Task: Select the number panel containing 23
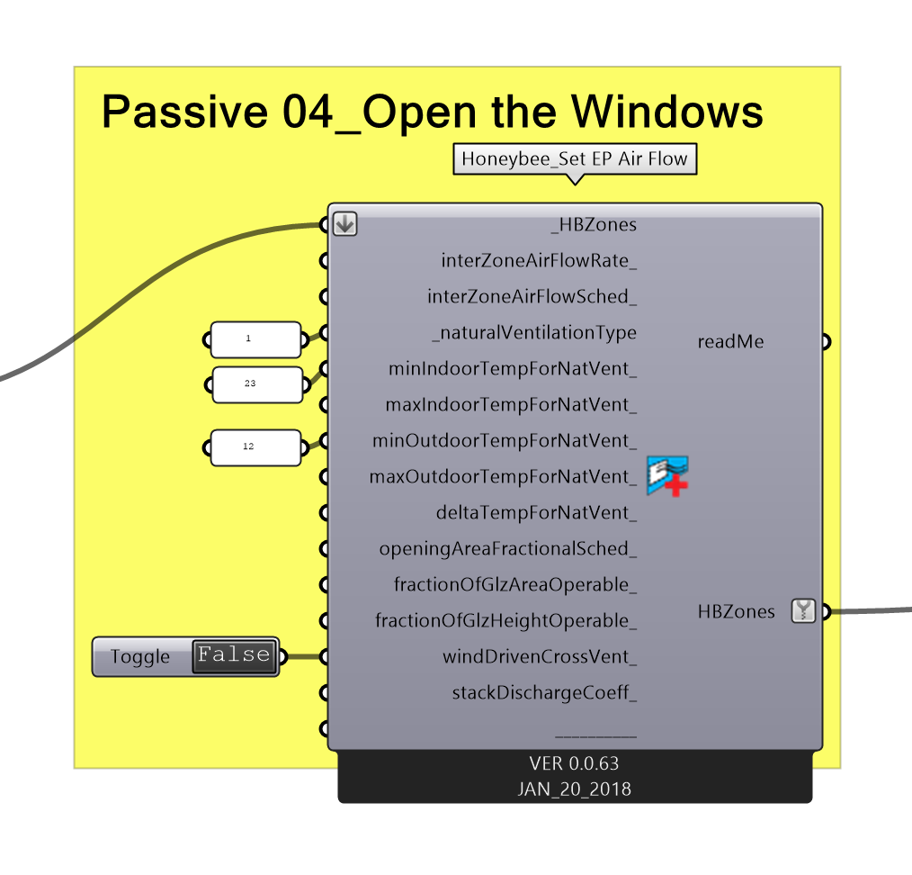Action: [x=256, y=384]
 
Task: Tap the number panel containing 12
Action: [x=255, y=447]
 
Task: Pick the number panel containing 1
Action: [x=255, y=339]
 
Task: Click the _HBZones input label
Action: [x=593, y=225]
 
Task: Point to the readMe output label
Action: [x=730, y=342]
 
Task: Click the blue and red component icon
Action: [x=667, y=476]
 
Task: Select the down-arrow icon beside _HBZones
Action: [x=344, y=224]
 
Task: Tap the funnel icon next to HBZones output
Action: [x=803, y=611]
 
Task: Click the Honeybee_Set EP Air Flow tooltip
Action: [x=574, y=160]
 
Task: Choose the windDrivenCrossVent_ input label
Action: [x=540, y=657]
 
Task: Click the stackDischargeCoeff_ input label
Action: [x=544, y=693]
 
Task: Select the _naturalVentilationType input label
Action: [x=534, y=333]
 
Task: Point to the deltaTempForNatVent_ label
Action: [x=536, y=513]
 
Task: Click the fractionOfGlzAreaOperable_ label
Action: [x=515, y=585]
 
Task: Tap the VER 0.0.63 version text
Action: [x=574, y=763]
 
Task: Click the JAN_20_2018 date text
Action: [x=574, y=789]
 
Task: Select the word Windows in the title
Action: [x=666, y=113]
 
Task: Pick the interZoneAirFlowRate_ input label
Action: [x=539, y=261]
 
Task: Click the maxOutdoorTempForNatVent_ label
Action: [x=503, y=477]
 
